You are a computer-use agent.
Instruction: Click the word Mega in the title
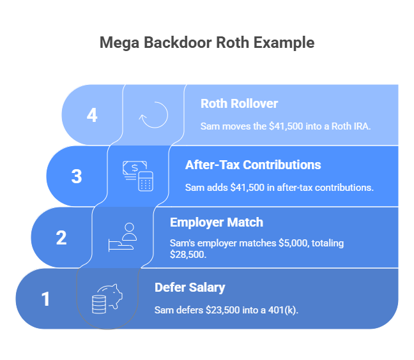click(x=119, y=43)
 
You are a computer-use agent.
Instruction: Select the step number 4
click(x=92, y=115)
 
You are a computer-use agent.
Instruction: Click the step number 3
click(x=77, y=176)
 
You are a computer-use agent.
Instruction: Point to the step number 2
click(x=61, y=237)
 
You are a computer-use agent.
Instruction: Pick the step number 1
click(x=45, y=299)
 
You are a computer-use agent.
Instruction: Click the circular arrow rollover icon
click(x=153, y=115)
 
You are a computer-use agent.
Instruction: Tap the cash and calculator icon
click(x=138, y=176)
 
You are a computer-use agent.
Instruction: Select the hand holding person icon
click(x=123, y=237)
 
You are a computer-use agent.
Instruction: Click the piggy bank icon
click(x=107, y=299)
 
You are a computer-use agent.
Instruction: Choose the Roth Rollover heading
click(x=239, y=103)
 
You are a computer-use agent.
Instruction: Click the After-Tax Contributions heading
click(x=253, y=165)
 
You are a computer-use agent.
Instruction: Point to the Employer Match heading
click(x=217, y=222)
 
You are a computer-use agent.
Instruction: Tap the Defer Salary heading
click(x=190, y=287)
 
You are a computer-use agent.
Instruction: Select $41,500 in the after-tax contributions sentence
click(x=247, y=188)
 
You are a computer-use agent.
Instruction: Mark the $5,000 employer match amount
click(x=294, y=243)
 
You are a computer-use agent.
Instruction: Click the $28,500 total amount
click(x=188, y=255)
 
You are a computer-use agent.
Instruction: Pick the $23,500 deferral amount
click(x=223, y=310)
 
